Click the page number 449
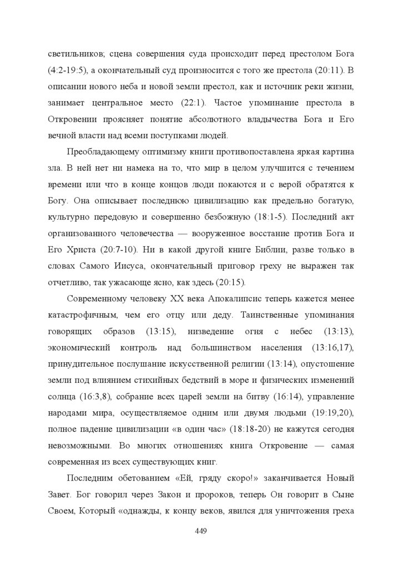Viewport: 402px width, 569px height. pos(201,531)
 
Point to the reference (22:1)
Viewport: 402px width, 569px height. pos(193,103)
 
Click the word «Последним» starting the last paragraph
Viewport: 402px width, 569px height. pos(89,478)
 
